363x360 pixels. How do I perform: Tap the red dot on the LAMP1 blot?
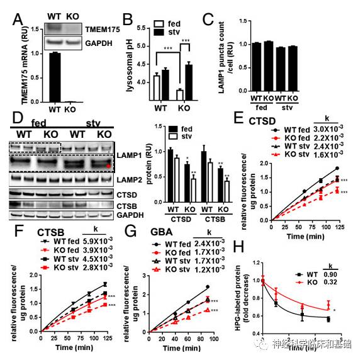(108, 166)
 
